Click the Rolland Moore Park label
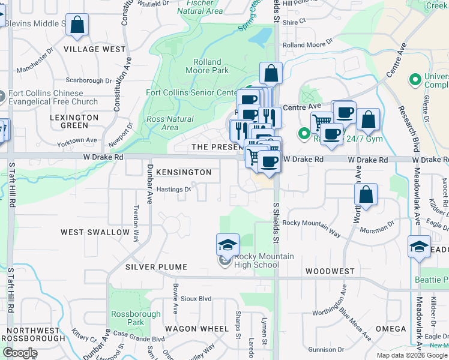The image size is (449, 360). click(x=207, y=66)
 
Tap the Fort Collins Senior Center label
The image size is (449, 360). click(x=192, y=93)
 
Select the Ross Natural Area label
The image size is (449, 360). click(x=170, y=123)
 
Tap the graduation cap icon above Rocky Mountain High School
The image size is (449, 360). click(x=228, y=245)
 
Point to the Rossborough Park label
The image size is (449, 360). click(x=136, y=318)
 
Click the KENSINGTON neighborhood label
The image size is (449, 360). click(x=184, y=172)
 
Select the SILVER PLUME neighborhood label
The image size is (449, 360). click(x=157, y=267)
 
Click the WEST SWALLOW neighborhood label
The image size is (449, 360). click(x=95, y=232)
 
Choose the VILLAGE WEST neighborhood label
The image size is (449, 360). click(x=95, y=49)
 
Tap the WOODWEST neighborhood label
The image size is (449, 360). click(x=330, y=271)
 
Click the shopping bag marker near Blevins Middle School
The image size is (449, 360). click(x=77, y=25)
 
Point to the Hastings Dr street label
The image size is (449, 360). click(x=173, y=190)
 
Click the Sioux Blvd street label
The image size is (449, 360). click(x=196, y=298)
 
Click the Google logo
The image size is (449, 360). click(x=20, y=353)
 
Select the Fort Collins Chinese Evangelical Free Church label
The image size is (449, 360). click(x=54, y=97)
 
